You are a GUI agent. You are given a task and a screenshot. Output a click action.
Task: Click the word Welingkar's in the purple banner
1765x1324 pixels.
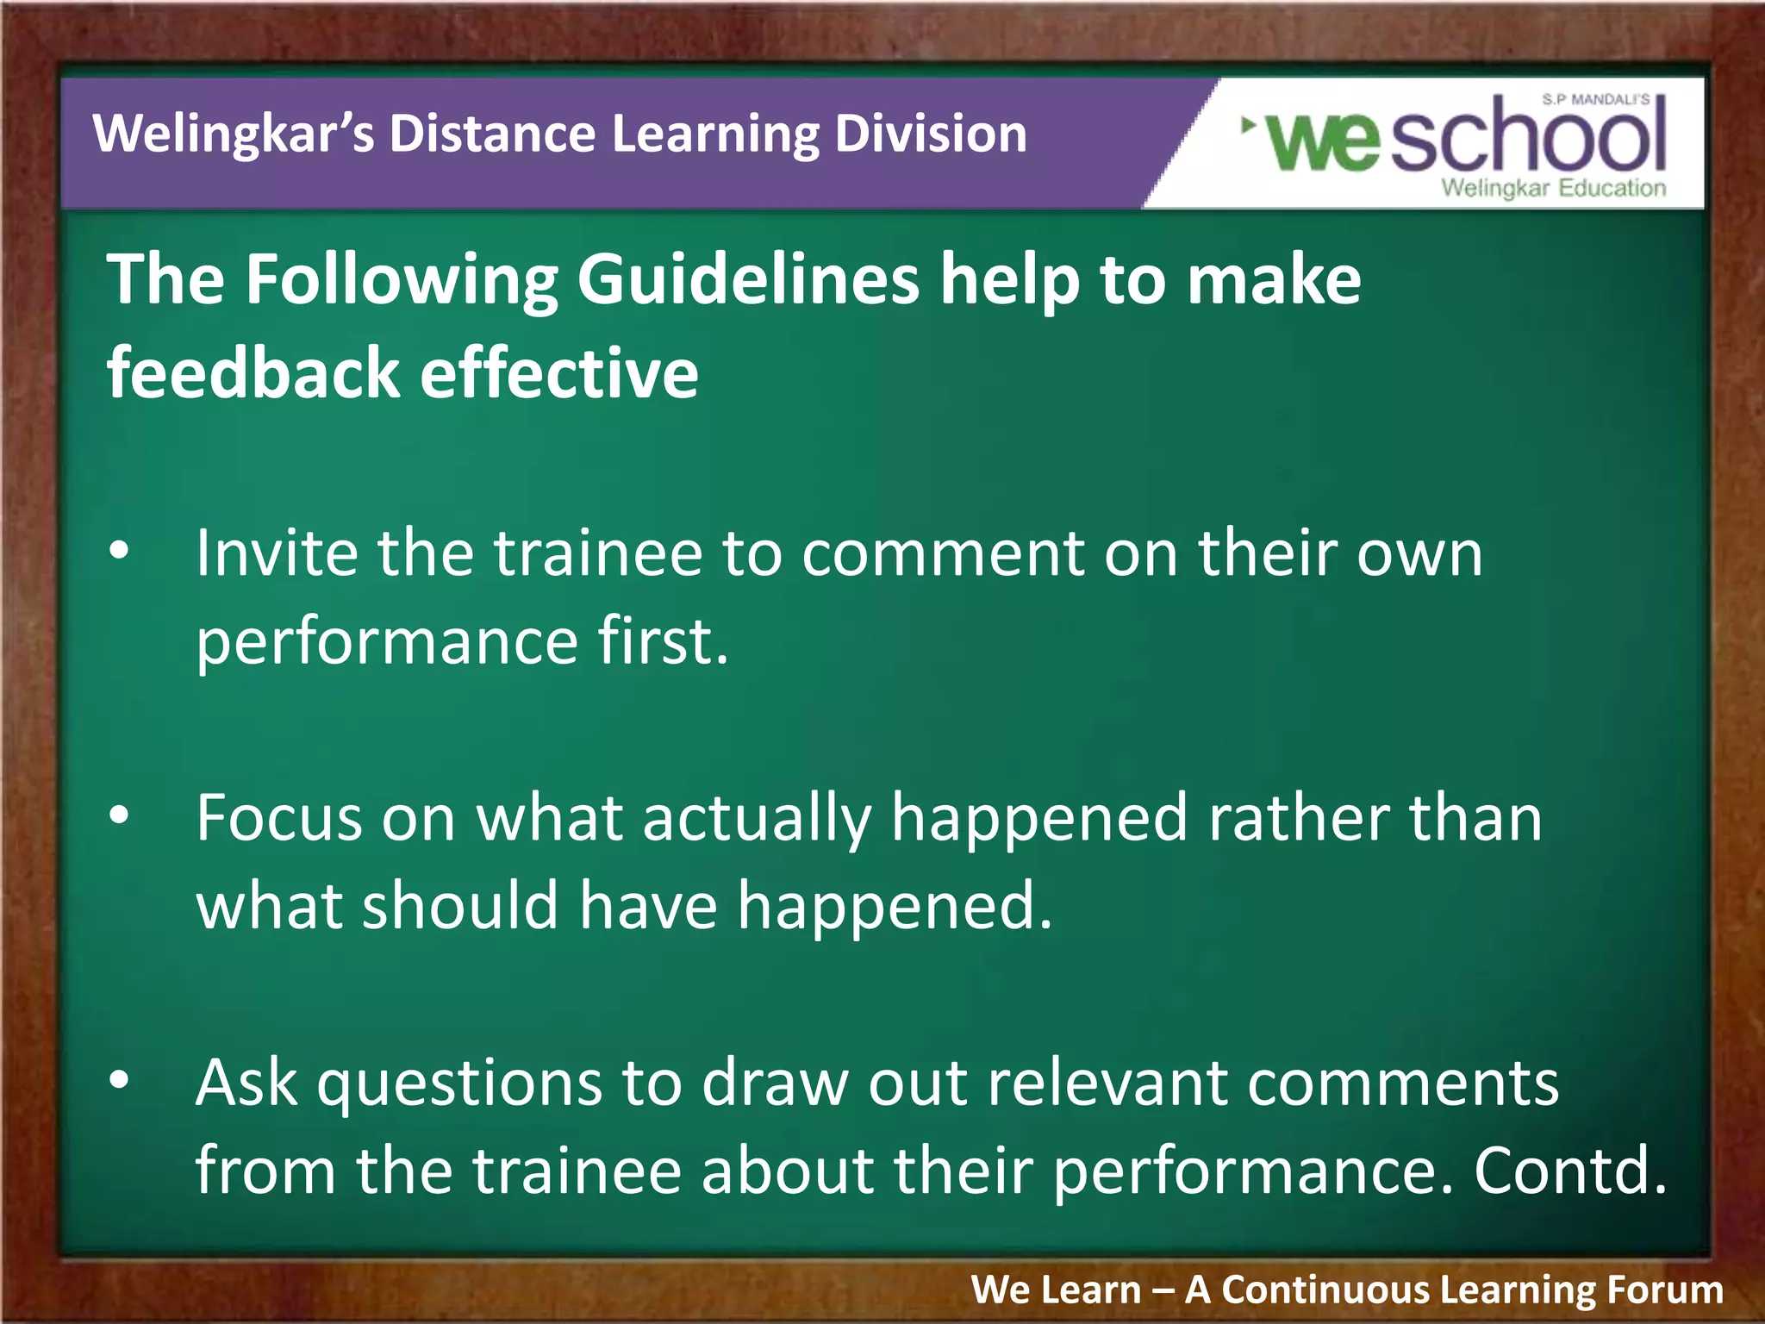(234, 134)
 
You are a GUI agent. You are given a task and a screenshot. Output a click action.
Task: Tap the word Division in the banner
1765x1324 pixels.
(930, 134)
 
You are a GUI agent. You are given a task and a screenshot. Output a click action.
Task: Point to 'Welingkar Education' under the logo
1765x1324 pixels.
(1553, 188)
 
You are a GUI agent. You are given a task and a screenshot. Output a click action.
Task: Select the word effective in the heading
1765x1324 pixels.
(559, 372)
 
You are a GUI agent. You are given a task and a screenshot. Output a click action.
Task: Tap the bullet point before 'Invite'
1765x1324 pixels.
(120, 549)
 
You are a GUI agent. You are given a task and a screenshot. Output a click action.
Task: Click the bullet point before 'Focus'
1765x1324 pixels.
(120, 815)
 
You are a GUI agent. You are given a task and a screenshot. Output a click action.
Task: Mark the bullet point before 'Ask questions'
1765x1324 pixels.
(120, 1079)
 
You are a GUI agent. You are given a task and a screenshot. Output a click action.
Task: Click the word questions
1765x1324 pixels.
(459, 1084)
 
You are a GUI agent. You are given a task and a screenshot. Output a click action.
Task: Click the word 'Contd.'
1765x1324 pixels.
(1569, 1171)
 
